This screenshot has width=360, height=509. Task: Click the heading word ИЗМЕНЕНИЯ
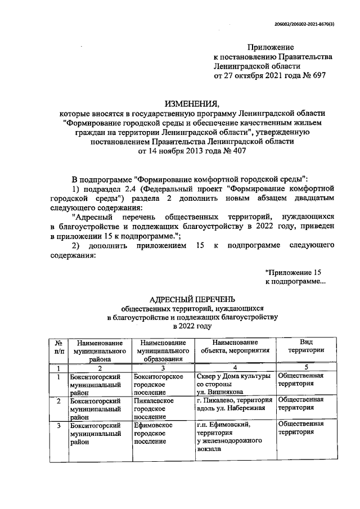[191, 103]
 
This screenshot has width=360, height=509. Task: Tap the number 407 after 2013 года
[235, 151]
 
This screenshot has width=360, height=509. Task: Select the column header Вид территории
[306, 346]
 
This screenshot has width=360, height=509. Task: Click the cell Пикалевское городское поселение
[154, 408]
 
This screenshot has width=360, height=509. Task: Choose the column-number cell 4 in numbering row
[236, 367]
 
